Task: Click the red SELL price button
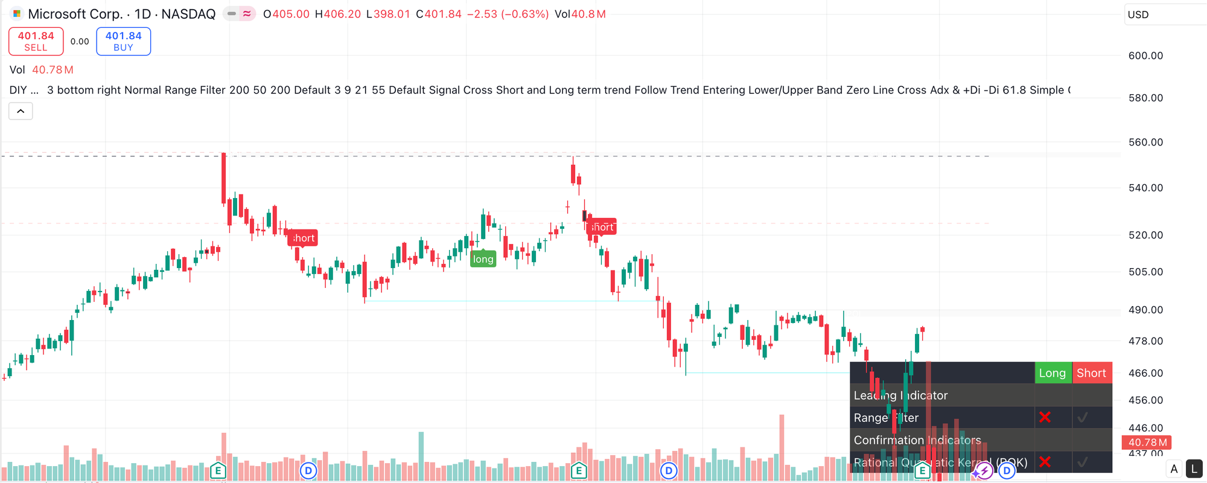click(36, 41)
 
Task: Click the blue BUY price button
click(123, 41)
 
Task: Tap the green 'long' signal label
click(483, 259)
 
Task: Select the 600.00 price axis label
click(1145, 56)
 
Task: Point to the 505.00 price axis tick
click(1145, 272)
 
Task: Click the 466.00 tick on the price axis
click(1145, 373)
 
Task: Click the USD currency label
click(1138, 14)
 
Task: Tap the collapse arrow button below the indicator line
click(21, 111)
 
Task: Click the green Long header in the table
click(1052, 373)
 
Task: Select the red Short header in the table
click(1091, 373)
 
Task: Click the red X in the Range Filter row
click(1045, 417)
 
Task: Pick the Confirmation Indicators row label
click(917, 440)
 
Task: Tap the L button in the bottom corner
click(1194, 469)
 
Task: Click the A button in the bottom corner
click(1174, 469)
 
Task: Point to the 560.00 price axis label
click(1145, 142)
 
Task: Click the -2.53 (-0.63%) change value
click(508, 14)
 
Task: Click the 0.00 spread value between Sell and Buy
click(80, 41)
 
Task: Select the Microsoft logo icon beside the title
click(16, 14)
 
